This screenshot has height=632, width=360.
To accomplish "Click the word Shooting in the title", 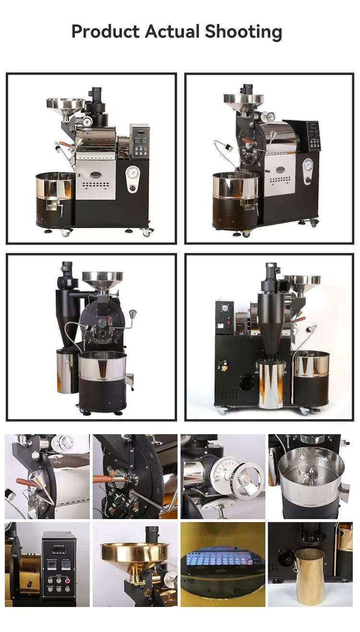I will (x=243, y=32).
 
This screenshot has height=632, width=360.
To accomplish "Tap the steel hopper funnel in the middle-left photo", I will (x=102, y=279).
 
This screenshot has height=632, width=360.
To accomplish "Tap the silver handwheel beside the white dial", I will (x=247, y=480).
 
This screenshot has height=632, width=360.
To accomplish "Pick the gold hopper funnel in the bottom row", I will (x=134, y=553).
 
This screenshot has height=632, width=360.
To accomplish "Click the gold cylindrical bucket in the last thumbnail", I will (x=309, y=576).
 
